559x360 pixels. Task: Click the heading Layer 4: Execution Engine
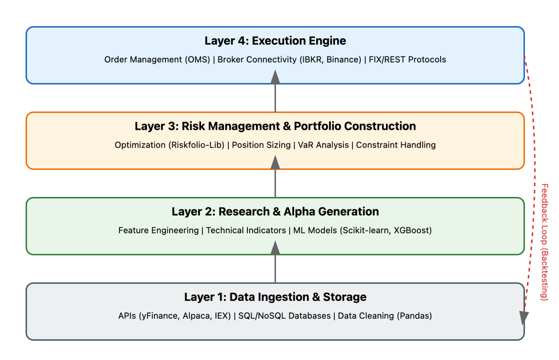[x=275, y=41]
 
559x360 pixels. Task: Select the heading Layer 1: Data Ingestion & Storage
[x=275, y=297]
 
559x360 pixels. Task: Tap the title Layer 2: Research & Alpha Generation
[x=275, y=212]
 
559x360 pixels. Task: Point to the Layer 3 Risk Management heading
[x=275, y=126]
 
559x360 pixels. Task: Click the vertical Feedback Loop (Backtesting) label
[x=544, y=242]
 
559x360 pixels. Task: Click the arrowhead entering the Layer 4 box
[x=275, y=77]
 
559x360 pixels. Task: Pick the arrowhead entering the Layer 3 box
[x=275, y=162]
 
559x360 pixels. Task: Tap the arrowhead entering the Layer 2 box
[x=275, y=248]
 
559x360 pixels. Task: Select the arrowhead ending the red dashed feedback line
[x=524, y=318]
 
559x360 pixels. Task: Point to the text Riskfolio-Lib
[x=196, y=145]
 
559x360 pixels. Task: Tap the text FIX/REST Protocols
[x=407, y=60]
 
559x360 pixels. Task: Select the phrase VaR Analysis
[x=323, y=145]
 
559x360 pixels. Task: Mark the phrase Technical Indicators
[x=246, y=230]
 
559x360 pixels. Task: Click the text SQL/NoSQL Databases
[x=284, y=316]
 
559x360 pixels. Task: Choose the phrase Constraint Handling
[x=396, y=145]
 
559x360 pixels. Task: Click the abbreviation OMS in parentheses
[x=197, y=60]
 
